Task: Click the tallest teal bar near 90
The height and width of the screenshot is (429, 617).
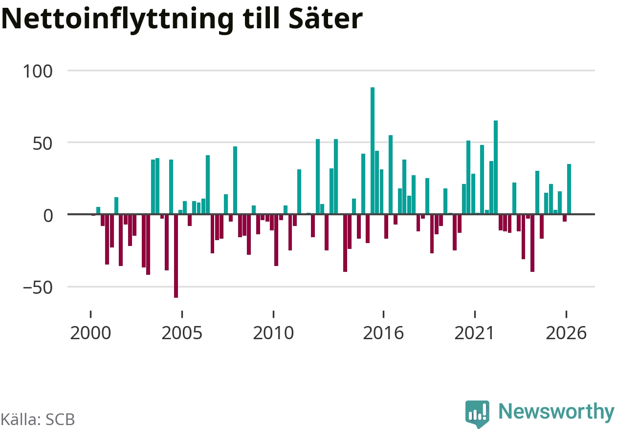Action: coord(373,151)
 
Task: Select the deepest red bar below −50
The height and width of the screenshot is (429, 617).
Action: coord(176,256)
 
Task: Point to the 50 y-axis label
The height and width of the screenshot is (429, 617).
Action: coord(43,143)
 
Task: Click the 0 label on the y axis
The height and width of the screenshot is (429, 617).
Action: coord(48,216)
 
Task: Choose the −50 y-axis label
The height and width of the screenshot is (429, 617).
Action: coord(38,288)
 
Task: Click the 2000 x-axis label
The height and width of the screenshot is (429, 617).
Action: coord(90,333)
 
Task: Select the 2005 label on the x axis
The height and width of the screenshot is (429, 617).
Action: coord(182,333)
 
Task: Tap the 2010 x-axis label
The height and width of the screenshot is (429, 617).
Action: coord(273,333)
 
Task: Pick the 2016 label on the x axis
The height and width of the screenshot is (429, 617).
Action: coord(383,333)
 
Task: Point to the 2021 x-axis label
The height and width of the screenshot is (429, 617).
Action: coord(474,333)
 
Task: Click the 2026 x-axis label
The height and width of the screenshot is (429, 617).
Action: coord(566,333)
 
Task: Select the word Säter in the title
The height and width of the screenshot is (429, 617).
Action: coord(326,19)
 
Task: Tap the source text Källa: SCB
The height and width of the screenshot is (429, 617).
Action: coord(38,419)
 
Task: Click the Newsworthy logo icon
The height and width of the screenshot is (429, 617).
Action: coord(477,414)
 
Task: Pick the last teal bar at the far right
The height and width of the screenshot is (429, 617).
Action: coord(569,189)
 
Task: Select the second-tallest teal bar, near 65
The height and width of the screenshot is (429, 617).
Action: coord(496,167)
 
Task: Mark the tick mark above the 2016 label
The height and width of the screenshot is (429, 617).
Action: coord(383,314)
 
